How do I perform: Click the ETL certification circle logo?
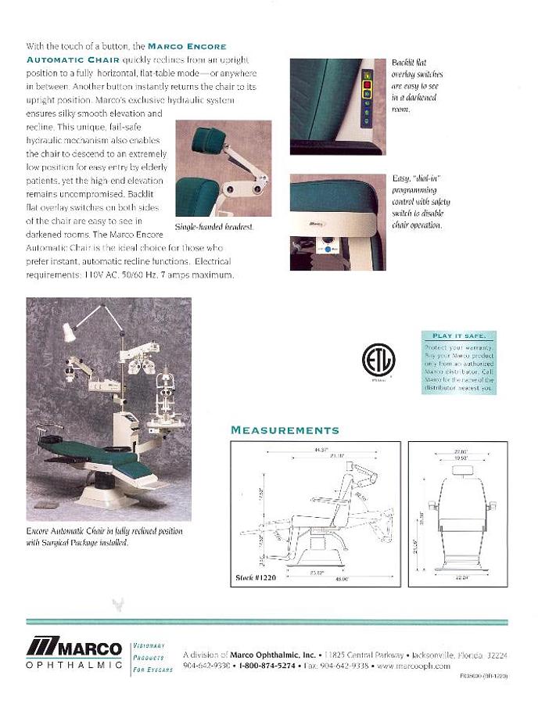point(378,360)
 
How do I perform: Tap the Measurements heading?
point(285,430)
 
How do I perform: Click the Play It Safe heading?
point(459,336)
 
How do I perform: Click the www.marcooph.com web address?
point(413,666)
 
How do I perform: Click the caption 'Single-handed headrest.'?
point(215,227)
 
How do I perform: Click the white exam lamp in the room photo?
point(69,332)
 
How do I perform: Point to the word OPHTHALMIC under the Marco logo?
point(74,665)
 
